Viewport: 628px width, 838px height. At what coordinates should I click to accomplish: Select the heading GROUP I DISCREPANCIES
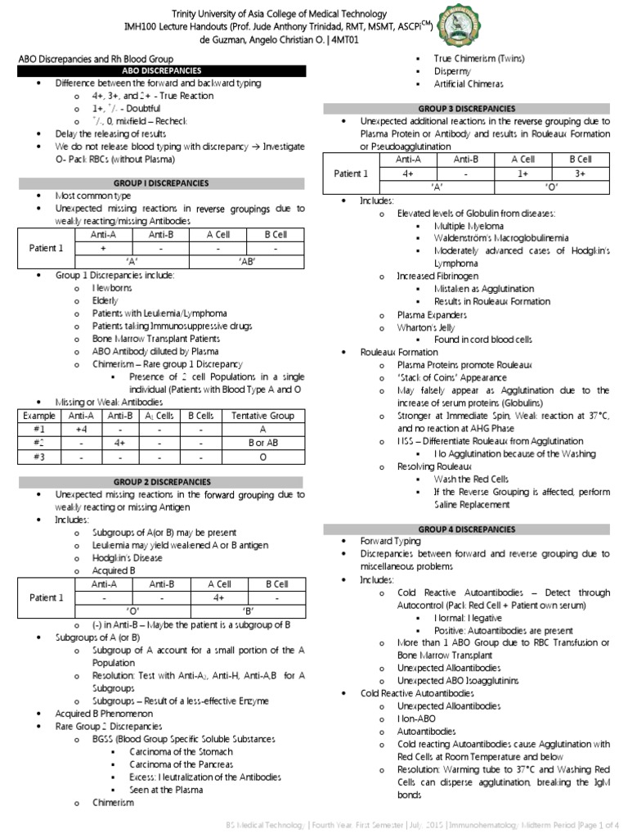pyautogui.click(x=162, y=182)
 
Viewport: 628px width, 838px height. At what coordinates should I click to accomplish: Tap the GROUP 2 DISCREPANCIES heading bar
pyautogui.click(x=162, y=482)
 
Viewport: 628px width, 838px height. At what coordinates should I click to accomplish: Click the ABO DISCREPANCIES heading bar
pyautogui.click(x=162, y=71)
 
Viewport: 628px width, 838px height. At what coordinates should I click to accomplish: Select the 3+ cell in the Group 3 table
pyautogui.click(x=581, y=173)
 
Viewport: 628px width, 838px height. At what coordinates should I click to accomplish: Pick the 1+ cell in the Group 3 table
pyautogui.click(x=523, y=173)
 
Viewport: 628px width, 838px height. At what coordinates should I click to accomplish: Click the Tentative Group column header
pyautogui.click(x=262, y=416)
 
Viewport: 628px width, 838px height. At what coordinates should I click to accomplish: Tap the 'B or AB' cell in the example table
pyautogui.click(x=262, y=442)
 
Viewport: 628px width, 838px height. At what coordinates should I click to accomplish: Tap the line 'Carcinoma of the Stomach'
pyautogui.click(x=181, y=751)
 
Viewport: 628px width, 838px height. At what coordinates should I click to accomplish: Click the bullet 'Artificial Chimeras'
pyautogui.click(x=469, y=84)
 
